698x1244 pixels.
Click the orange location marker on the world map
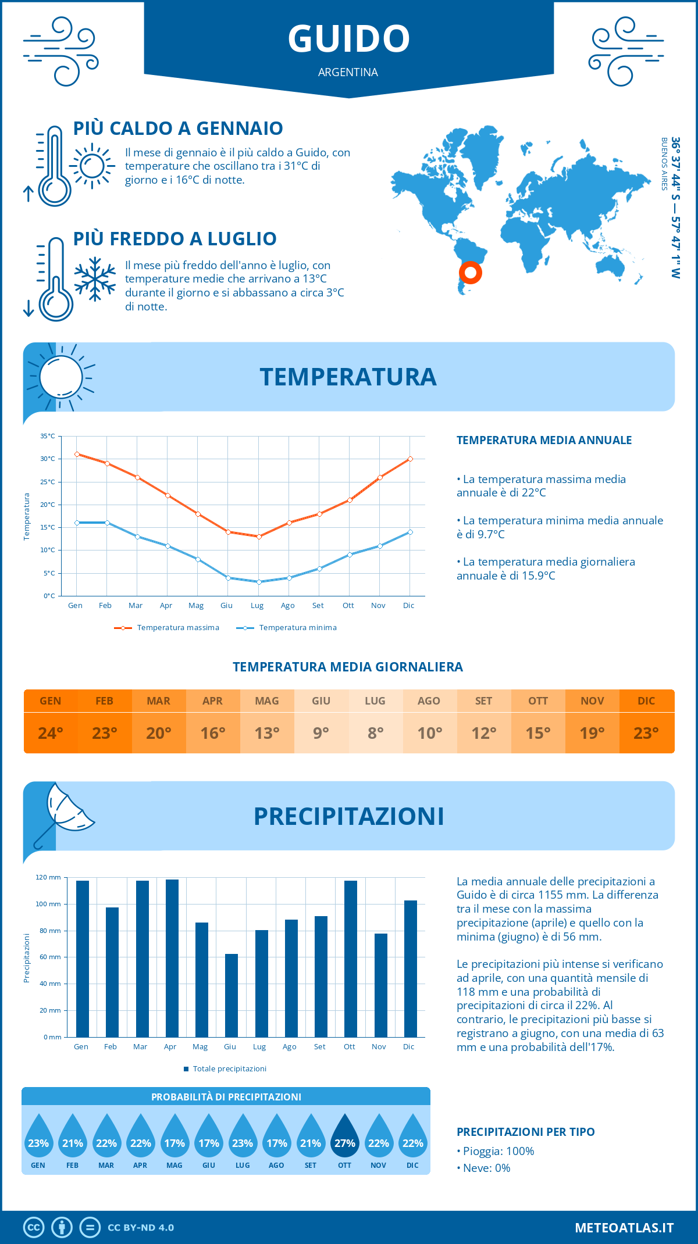(470, 272)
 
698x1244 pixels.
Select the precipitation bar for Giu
(232, 995)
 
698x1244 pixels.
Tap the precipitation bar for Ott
(350, 959)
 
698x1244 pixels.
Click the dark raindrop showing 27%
(344, 1138)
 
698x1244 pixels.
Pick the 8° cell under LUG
(375, 733)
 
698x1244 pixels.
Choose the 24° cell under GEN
(51, 733)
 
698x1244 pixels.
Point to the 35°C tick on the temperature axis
(48, 436)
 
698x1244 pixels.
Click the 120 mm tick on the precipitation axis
(48, 877)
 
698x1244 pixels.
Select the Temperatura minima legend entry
(287, 628)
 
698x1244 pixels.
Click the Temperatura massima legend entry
(167, 628)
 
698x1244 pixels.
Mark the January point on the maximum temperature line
(77, 454)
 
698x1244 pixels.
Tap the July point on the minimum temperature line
(259, 582)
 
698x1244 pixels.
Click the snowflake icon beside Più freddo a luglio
(95, 279)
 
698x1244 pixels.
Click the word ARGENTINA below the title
(348, 72)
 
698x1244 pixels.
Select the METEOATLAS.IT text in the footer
(624, 1227)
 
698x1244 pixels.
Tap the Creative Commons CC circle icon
(34, 1227)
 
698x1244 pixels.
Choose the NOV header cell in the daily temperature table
(592, 701)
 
